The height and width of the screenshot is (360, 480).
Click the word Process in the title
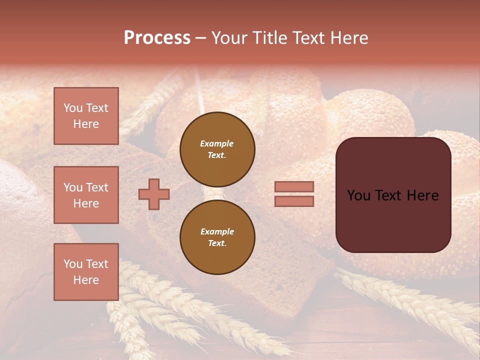point(157,38)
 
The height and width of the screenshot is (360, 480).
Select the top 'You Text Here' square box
point(86,116)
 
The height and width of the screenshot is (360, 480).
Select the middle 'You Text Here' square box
point(86,195)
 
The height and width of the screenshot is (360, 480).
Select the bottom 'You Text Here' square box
point(86,271)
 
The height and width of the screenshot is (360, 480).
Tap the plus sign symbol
point(154,194)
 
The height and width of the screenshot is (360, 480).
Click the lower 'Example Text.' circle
point(217,237)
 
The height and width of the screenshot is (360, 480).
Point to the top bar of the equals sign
point(294,186)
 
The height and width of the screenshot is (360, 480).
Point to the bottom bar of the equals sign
point(294,201)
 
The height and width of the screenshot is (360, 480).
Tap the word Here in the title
point(349,38)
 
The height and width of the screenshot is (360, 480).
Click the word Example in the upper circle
point(217,143)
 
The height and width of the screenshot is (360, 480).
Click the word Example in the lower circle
point(217,231)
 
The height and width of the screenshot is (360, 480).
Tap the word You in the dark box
point(358,195)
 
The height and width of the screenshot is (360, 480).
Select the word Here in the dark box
point(422,195)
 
